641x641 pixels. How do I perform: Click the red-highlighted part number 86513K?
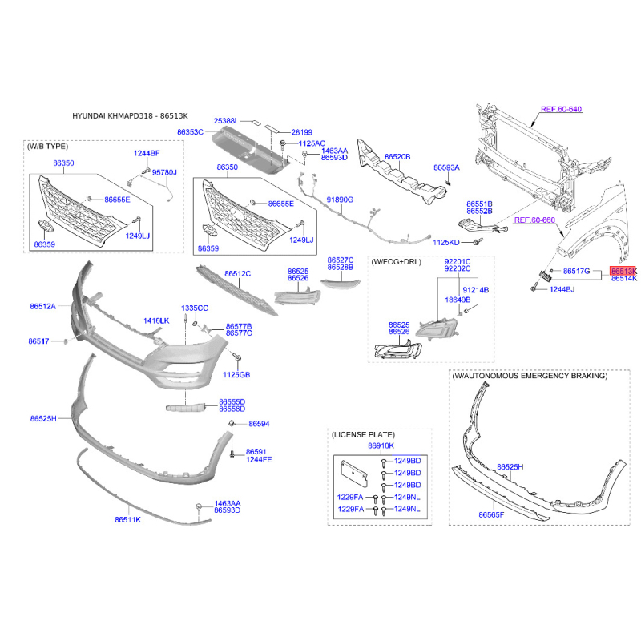pos(623,271)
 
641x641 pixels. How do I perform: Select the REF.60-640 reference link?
pos(562,109)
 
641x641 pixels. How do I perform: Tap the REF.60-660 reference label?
pos(534,220)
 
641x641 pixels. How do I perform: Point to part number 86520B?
pos(397,156)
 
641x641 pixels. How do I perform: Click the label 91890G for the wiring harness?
pos(340,200)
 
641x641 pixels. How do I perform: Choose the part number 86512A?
pos(43,306)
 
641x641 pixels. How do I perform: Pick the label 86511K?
pos(128,519)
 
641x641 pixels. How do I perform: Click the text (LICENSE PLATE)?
pos(364,434)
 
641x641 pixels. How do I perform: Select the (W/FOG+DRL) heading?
pos(396,262)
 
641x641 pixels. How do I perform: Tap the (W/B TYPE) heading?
pos(47,147)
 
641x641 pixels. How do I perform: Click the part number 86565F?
pos(491,514)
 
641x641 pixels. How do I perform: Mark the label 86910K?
pos(381,445)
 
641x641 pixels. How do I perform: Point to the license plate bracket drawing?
pos(354,474)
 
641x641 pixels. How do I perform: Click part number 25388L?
pos(226,121)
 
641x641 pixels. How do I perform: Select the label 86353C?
pos(190,132)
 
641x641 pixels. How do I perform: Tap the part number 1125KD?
pos(446,243)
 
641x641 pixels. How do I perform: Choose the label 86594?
pos(259,424)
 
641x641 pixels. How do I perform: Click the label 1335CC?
pos(195,308)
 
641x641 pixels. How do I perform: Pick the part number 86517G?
pos(576,271)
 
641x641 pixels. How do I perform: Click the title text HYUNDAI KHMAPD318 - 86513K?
pos(130,116)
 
